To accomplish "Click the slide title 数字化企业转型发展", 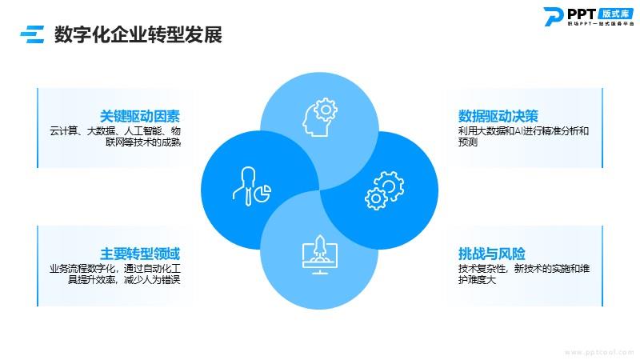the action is pos(138,34).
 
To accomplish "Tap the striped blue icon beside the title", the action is pos(32,34).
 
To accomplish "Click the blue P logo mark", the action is pos(553,17).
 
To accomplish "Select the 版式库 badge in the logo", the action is pos(615,14).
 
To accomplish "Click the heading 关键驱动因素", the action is pos(139,116).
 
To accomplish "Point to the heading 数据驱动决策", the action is pos(498,116).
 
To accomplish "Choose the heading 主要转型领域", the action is pos(139,254).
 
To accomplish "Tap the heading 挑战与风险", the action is pos(491,254).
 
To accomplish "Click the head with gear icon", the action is pos(319,117).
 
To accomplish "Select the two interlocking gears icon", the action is pos(384,190).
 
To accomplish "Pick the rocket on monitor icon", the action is pos(319,254).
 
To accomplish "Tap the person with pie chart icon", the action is pos(252,186).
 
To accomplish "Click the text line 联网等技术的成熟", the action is pos(143,142).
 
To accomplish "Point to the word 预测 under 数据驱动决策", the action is pos(468,142).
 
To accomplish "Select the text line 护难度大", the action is pos(477,279).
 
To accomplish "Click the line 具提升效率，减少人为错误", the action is pos(124,279).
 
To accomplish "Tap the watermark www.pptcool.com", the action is pos(598,352).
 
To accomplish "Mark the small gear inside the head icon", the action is pos(326,109).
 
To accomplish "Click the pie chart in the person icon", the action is pos(262,193).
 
